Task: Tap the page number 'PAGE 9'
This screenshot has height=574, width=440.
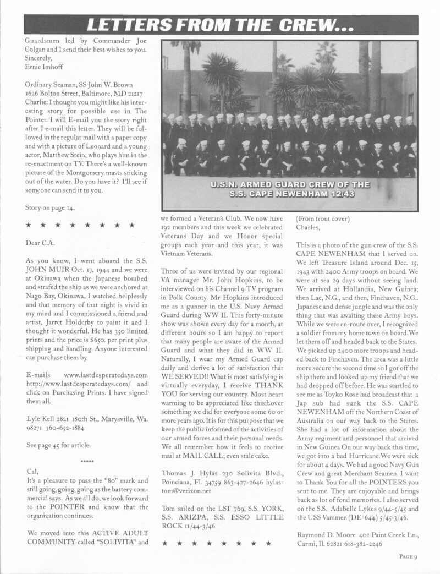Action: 409,556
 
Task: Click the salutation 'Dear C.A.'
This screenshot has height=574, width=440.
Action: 41,242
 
